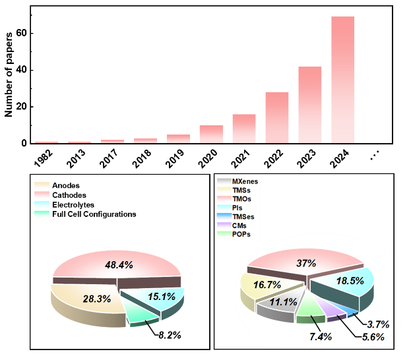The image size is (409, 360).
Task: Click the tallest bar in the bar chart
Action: click(x=342, y=79)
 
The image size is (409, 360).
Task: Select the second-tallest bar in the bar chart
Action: click(x=309, y=104)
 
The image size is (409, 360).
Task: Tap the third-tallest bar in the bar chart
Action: click(x=276, y=117)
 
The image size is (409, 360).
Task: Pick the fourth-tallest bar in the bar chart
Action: click(x=243, y=128)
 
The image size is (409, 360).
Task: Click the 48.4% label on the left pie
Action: click(x=119, y=264)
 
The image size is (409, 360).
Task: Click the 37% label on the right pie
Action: click(x=304, y=262)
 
